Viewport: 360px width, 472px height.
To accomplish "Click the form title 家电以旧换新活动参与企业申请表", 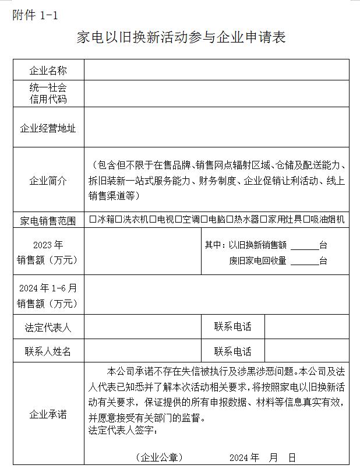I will coord(181,38).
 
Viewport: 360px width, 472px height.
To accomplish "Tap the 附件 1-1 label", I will coord(35,16).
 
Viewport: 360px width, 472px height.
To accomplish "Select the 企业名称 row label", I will coord(48,71).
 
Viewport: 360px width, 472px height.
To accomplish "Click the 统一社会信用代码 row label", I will coord(48,93).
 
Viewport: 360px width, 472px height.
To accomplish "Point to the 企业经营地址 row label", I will coord(48,128).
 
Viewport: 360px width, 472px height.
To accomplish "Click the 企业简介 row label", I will coord(48,181).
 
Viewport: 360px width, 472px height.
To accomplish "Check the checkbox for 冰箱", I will coord(93,220).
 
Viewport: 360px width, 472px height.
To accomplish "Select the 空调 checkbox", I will coord(178,220).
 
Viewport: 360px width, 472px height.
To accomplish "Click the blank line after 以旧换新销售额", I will coord(304,246).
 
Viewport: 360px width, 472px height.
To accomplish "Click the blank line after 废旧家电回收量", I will coord(304,261).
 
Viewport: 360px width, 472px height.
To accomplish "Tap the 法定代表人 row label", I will coord(48,327).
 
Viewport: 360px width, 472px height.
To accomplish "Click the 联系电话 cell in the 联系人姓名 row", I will coord(233,351).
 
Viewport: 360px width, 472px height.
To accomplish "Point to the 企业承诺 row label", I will coord(48,415).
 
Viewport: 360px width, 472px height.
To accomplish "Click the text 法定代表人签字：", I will coord(122,430).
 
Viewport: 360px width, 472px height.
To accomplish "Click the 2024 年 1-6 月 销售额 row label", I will coord(48,295).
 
